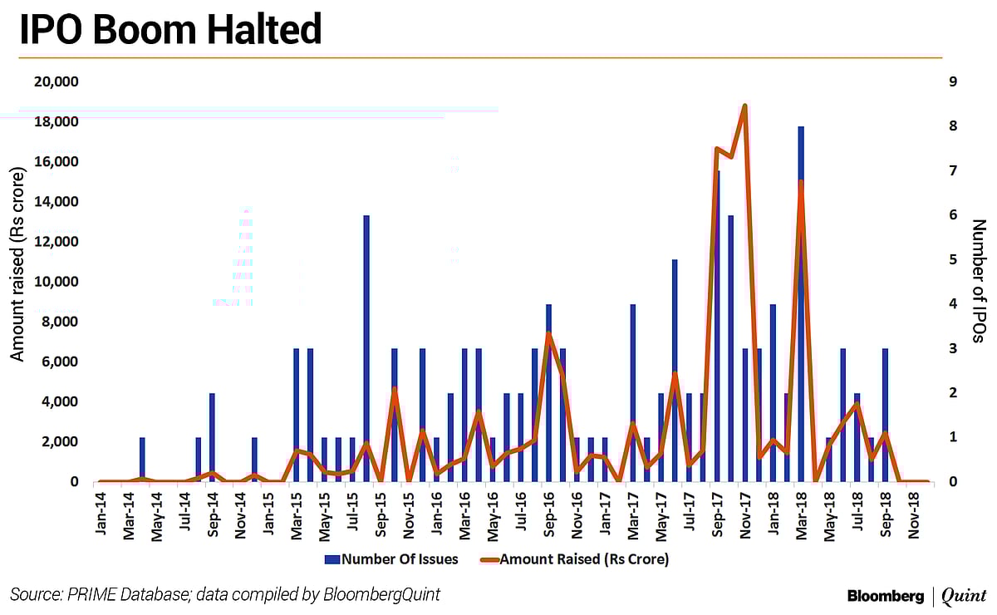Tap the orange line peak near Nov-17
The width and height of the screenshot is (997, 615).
744,106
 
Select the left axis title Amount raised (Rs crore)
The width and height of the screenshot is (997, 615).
18,282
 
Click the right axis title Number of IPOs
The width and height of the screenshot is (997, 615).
978,282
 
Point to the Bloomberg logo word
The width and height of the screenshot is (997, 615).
885,595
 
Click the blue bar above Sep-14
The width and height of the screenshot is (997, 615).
212,436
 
